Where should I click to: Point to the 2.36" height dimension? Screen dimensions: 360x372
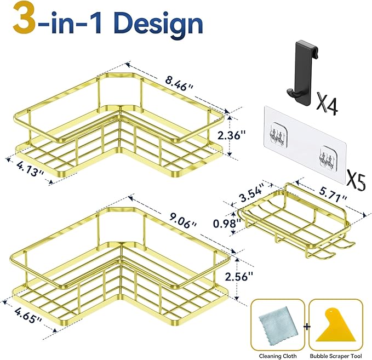247,134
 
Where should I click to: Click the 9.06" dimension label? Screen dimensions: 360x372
178,224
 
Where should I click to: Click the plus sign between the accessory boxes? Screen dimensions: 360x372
306,326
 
